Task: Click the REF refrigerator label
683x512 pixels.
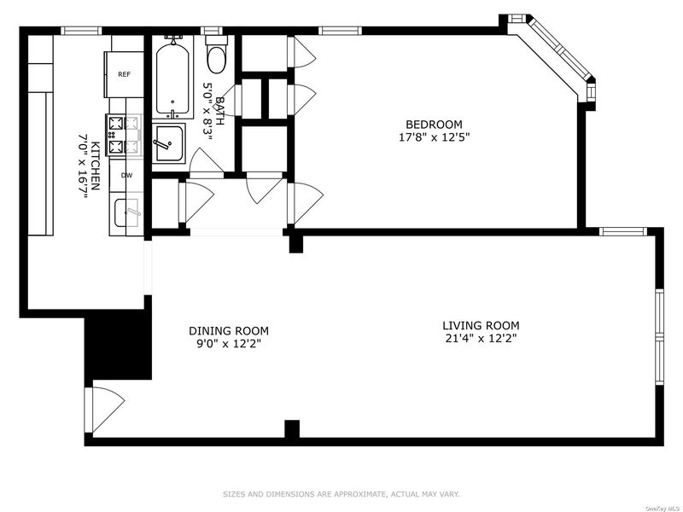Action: click(x=124, y=74)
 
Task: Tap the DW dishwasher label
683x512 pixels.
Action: click(x=126, y=176)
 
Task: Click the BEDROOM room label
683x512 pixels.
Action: click(x=434, y=125)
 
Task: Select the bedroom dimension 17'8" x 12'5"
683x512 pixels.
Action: click(x=435, y=137)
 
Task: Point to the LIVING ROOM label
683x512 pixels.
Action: click(x=481, y=325)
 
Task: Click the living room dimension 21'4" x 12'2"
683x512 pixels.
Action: click(x=481, y=338)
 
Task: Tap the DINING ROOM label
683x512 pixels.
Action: click(x=229, y=331)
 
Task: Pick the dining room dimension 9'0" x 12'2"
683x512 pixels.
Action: click(x=229, y=344)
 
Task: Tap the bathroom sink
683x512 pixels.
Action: click(x=168, y=143)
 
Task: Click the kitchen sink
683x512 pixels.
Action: click(x=126, y=212)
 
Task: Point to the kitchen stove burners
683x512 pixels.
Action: click(x=124, y=135)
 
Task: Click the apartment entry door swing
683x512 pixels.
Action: click(x=104, y=410)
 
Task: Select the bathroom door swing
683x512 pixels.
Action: click(x=206, y=162)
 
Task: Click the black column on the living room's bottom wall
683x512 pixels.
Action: click(x=292, y=429)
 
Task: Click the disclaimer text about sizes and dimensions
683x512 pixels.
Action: click(x=341, y=494)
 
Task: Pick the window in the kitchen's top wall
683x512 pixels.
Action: click(x=81, y=31)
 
